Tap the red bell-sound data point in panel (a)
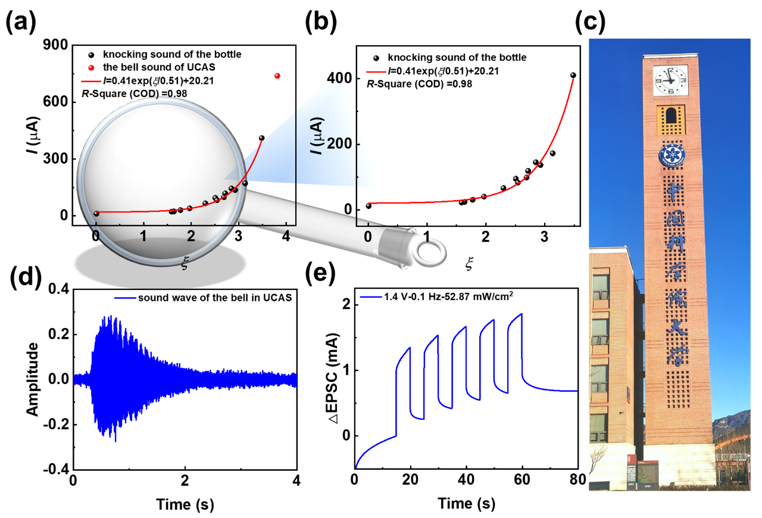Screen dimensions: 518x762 click(x=277, y=76)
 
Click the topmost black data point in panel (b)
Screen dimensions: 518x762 click(x=573, y=75)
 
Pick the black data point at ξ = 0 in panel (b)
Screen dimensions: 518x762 click(x=368, y=206)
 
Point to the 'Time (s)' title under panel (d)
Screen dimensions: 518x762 click(x=185, y=504)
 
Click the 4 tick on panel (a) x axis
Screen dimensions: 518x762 click(x=286, y=235)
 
